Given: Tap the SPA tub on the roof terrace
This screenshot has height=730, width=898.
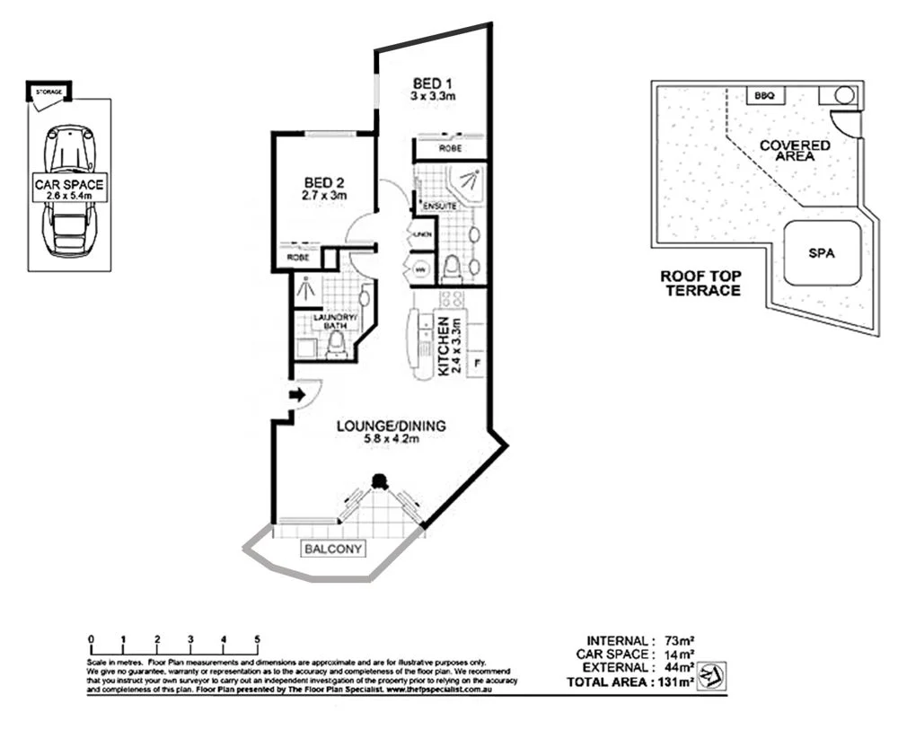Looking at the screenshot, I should click(822, 253).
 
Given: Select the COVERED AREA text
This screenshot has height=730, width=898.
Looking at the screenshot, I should click(795, 150).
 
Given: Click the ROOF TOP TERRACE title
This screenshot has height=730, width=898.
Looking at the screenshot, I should click(700, 284).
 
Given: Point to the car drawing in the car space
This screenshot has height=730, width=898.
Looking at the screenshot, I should click(69, 189).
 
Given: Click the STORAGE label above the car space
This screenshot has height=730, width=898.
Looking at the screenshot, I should click(48, 92).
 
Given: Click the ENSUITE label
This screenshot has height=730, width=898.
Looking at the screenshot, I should click(440, 207).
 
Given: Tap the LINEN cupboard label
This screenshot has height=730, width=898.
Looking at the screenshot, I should click(422, 235).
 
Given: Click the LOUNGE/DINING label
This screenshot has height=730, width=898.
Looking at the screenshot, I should click(390, 433).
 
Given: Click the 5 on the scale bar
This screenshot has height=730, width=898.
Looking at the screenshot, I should click(257, 639).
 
